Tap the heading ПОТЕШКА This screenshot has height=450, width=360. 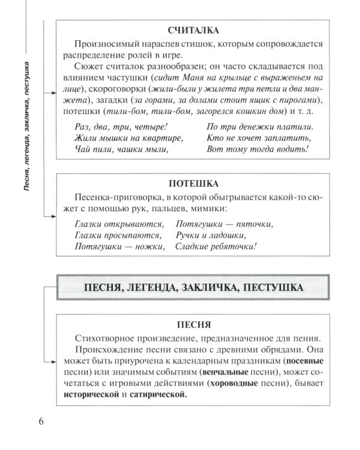click(x=193, y=183)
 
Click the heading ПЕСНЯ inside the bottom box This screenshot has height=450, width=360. click(x=193, y=325)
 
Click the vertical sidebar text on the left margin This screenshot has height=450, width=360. click(x=27, y=126)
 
